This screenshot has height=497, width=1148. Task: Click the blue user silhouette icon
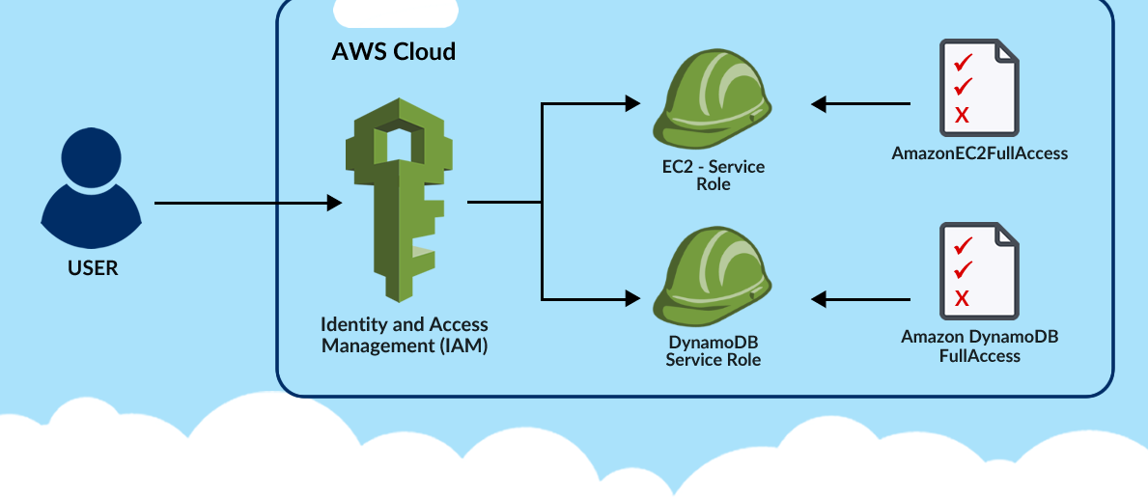click(x=92, y=188)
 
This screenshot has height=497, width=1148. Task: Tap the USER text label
click(x=93, y=268)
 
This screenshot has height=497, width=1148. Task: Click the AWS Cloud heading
click(x=394, y=51)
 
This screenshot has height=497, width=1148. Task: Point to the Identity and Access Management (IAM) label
click(x=405, y=335)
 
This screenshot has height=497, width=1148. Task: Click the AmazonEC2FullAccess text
click(x=979, y=152)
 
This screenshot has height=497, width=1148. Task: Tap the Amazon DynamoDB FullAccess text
click(x=979, y=346)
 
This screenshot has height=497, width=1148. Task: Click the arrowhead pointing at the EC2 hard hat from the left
click(x=633, y=102)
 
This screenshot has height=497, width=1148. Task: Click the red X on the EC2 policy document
click(x=962, y=116)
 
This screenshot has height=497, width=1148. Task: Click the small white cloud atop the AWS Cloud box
click(x=395, y=13)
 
